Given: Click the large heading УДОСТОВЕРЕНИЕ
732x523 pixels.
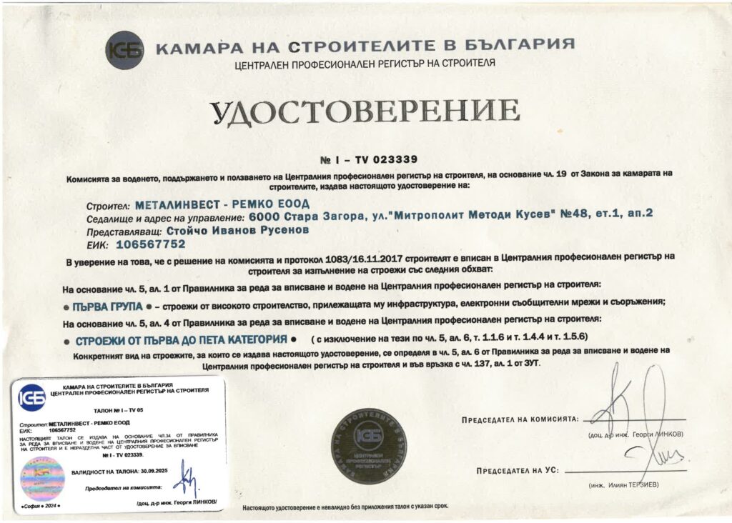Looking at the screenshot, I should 365,113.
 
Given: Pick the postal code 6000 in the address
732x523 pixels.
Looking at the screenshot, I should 262,216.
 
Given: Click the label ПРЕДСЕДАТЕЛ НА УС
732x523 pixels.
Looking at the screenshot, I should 518,471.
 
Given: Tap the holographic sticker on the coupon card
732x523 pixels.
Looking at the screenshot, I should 42,478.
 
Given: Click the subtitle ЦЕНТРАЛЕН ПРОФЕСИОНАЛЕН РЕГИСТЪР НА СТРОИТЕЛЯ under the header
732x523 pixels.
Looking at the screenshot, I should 365,64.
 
